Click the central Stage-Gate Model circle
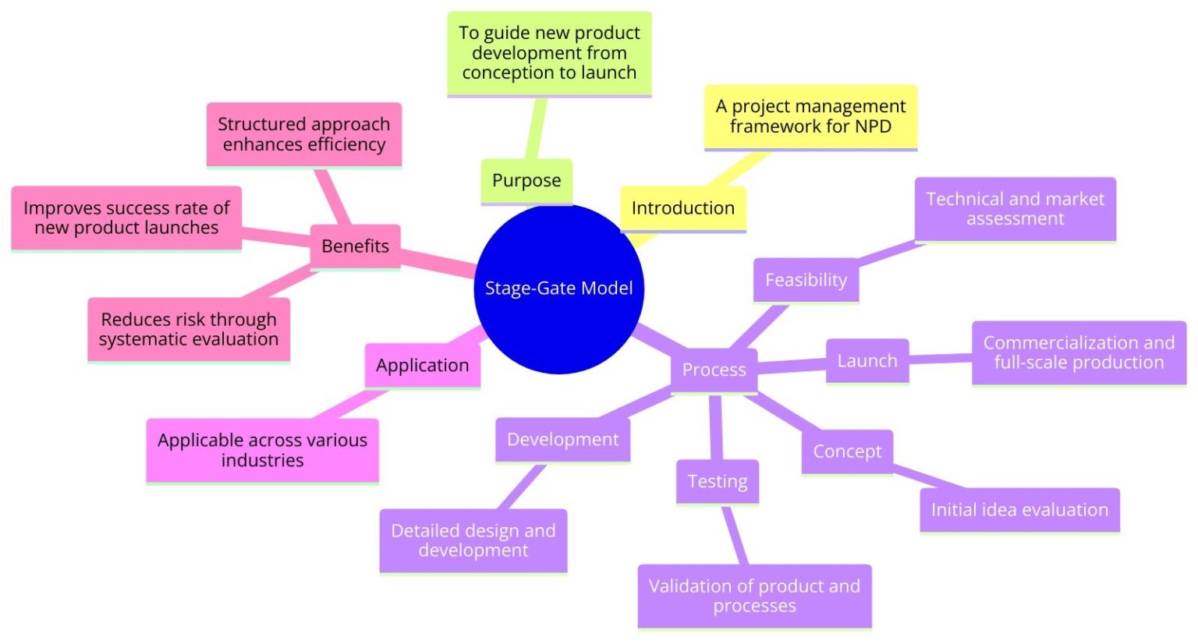pyautogui.click(x=558, y=289)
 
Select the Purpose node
pyautogui.click(x=526, y=181)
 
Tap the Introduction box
pyautogui.click(x=682, y=208)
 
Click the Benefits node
pyautogui.click(x=355, y=246)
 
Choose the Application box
pyautogui.click(x=422, y=366)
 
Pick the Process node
pyautogui.click(x=714, y=370)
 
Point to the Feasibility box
pyautogui.click(x=806, y=280)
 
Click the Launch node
pyautogui.click(x=867, y=361)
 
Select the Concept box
pyautogui.click(x=847, y=452)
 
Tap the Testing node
pyautogui.click(x=717, y=482)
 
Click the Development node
pyautogui.click(x=562, y=440)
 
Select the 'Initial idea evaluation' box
pyautogui.click(x=1019, y=510)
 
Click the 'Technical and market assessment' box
pyautogui.click(x=1015, y=209)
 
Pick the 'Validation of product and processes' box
pyautogui.click(x=754, y=596)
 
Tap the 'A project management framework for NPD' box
pyautogui.click(x=810, y=116)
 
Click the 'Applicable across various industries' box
pyautogui.click(x=262, y=450)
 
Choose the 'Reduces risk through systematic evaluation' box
pyautogui.click(x=188, y=329)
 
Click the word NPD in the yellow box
pyautogui.click(x=873, y=126)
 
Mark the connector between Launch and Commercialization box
pyautogui.click(x=940, y=359)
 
